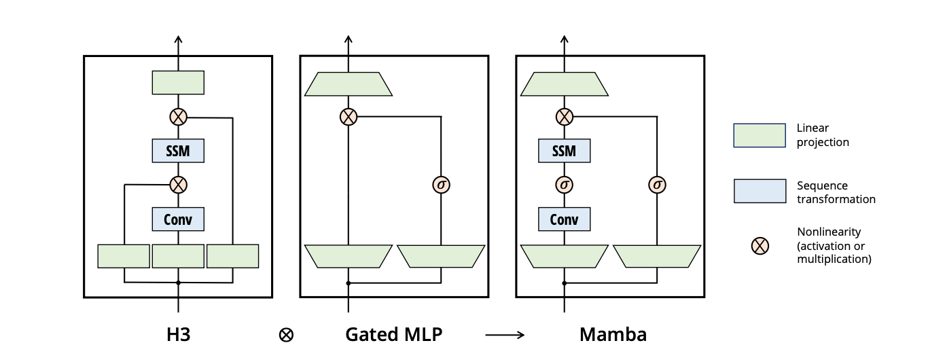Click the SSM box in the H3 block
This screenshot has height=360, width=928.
178,151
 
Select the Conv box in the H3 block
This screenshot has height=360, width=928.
178,219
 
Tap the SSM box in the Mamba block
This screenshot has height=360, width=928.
564,151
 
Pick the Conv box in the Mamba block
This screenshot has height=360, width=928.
564,219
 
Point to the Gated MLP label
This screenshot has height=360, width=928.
394,334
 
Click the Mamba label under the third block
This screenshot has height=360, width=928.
613,334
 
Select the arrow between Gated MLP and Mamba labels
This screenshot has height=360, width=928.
505,335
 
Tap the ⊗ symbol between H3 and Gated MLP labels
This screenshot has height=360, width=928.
287,335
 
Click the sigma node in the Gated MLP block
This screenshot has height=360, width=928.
442,185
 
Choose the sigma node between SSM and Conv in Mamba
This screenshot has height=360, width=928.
564,185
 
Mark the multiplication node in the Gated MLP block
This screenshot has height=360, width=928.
348,117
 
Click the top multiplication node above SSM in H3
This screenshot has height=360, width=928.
178,117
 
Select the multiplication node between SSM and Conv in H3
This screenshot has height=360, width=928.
178,185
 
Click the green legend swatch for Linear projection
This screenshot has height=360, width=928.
760,135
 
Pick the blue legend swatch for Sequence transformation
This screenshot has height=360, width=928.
760,191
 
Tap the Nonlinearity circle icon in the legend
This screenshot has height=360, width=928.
760,245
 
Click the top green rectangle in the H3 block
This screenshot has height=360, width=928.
178,82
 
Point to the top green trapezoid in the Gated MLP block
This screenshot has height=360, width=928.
348,84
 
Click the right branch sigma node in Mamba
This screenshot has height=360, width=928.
656,185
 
